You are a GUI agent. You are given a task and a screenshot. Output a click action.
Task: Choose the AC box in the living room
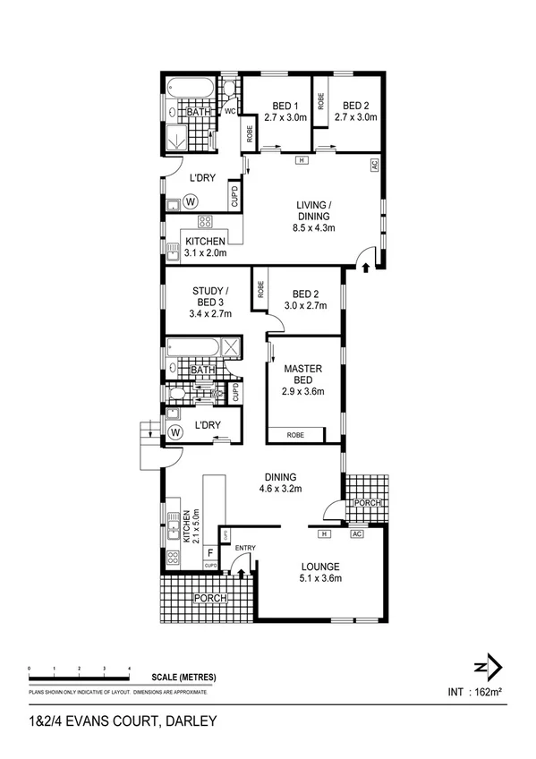coord(375,166)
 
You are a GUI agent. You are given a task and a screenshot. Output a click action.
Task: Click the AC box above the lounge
coord(355,533)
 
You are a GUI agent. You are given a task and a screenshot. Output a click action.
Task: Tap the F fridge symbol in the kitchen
coord(209,551)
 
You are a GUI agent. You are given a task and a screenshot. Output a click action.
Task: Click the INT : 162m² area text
coord(474,692)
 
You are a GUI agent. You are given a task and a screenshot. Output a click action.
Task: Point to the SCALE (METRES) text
coord(183,678)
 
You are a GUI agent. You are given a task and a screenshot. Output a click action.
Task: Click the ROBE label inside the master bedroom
coord(294,435)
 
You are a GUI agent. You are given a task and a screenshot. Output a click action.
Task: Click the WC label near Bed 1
coord(229,112)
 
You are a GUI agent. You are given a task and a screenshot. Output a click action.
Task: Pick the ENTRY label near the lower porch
coord(245,547)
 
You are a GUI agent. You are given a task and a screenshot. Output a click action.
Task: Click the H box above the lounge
coord(325,533)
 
